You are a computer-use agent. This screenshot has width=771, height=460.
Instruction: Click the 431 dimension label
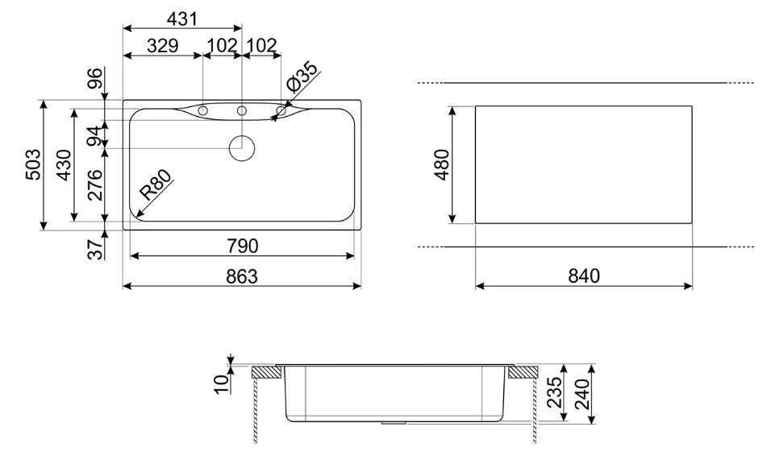tap(182, 19)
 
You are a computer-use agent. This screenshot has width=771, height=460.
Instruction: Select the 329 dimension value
tap(163, 46)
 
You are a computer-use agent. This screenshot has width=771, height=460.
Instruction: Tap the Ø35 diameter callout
tap(302, 77)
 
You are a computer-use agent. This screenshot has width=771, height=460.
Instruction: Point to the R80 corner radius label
tap(156, 184)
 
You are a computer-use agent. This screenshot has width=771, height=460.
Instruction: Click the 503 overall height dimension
tap(33, 164)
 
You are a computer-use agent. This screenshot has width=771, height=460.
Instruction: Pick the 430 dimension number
tap(64, 165)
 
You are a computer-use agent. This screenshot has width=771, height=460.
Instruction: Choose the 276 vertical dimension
tap(94, 184)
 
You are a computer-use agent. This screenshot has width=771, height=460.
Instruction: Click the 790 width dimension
tap(243, 246)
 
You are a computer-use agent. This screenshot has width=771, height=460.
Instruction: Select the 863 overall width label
tap(242, 276)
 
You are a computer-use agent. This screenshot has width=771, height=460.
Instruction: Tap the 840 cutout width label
tap(584, 276)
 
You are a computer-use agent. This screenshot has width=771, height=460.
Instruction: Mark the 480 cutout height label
tap(442, 165)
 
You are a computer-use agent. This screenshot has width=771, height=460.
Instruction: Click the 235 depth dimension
tap(554, 392)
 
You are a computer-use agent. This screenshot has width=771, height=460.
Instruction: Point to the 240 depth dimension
tap(581, 394)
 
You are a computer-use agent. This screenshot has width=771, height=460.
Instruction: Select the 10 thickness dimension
tap(222, 383)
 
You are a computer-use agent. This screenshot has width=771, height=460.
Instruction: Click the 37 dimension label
tap(95, 249)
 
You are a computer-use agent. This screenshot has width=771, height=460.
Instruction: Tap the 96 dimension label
tap(95, 78)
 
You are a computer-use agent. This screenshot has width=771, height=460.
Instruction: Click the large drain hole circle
tap(242, 147)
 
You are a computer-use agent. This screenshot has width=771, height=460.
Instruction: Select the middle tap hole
tap(242, 111)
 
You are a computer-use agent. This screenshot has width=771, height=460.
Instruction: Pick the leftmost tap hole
tap(202, 111)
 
